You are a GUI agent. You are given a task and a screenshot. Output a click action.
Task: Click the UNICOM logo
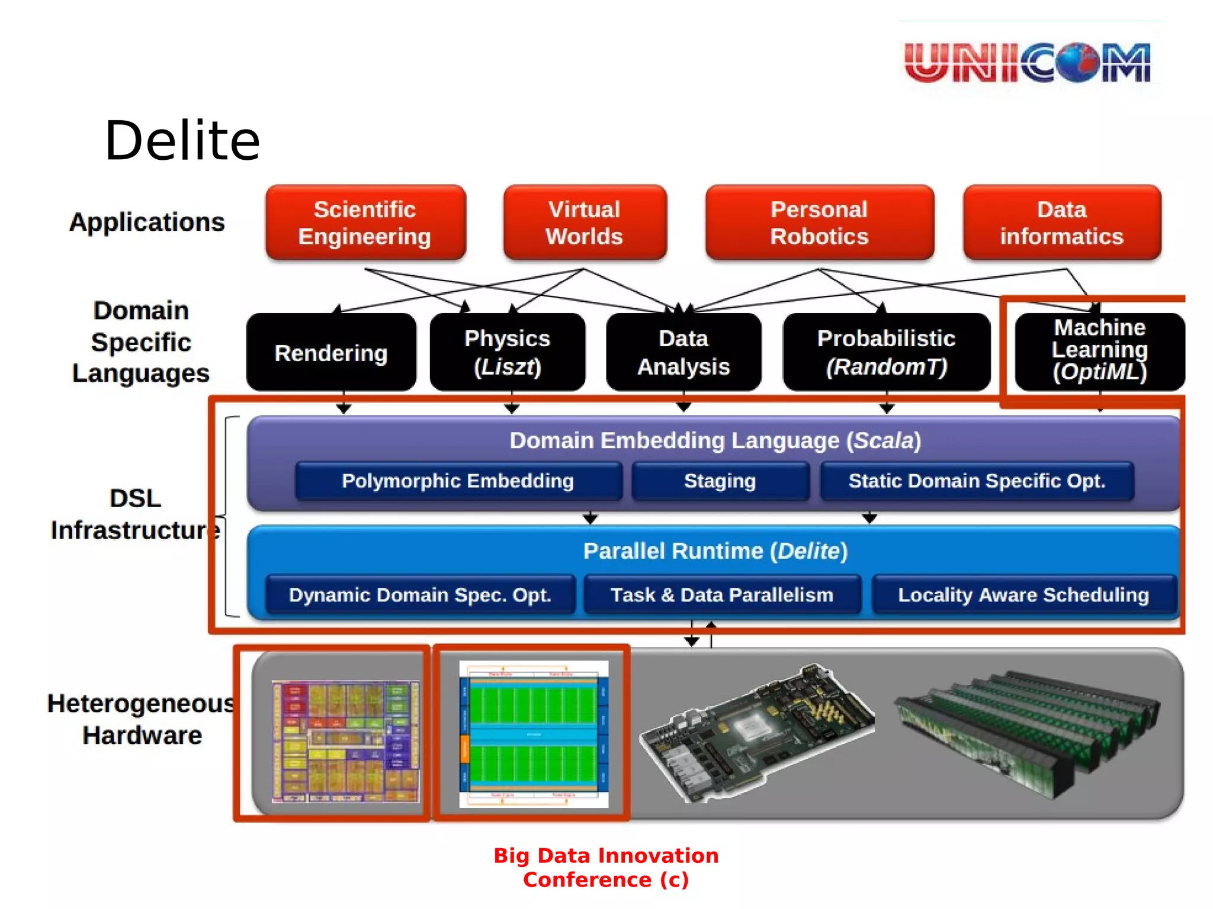pyautogui.click(x=1028, y=62)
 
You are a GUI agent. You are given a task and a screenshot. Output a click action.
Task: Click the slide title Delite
pyautogui.click(x=182, y=141)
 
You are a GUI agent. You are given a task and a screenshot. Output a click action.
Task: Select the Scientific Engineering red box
pyautogui.click(x=365, y=223)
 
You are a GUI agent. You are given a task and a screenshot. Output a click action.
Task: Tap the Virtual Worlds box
pyautogui.click(x=585, y=223)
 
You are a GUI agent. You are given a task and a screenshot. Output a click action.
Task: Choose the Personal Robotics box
pyautogui.click(x=819, y=223)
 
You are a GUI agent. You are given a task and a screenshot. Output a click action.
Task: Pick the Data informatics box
pyautogui.click(x=1061, y=223)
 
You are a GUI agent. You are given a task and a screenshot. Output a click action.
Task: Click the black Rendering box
pyautogui.click(x=331, y=353)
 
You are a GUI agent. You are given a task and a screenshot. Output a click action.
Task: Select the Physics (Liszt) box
pyautogui.click(x=508, y=352)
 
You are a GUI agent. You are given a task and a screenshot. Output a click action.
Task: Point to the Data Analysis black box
pyautogui.click(x=683, y=352)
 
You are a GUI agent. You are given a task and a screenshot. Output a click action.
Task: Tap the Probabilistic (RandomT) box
pyautogui.click(x=886, y=352)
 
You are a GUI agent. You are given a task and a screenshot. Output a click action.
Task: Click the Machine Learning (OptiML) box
pyautogui.click(x=1099, y=350)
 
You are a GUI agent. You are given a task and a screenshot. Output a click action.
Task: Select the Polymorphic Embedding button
pyautogui.click(x=458, y=481)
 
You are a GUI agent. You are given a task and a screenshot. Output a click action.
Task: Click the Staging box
pyautogui.click(x=720, y=481)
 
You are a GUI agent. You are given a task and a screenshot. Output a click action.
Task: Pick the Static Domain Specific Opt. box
pyautogui.click(x=977, y=481)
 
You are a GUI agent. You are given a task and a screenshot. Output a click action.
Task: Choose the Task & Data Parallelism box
pyautogui.click(x=722, y=595)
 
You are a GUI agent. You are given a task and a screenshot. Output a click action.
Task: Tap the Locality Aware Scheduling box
pyautogui.click(x=1023, y=595)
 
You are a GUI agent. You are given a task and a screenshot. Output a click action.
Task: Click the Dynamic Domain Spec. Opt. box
pyautogui.click(x=420, y=595)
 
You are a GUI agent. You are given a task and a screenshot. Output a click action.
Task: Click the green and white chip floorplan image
pyautogui.click(x=534, y=734)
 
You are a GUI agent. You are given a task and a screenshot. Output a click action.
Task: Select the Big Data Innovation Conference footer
pyautogui.click(x=606, y=868)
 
